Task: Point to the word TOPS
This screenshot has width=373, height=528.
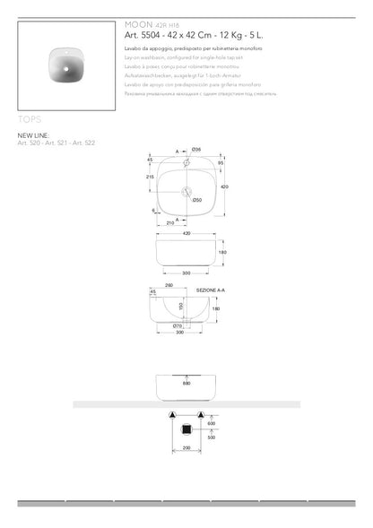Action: click(x=30, y=117)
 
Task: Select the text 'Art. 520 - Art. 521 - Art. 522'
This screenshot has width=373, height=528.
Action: click(x=56, y=143)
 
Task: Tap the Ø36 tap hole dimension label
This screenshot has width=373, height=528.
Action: click(x=197, y=149)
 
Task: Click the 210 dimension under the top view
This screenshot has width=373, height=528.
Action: click(x=169, y=223)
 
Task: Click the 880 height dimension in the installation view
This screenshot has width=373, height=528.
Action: click(x=186, y=384)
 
